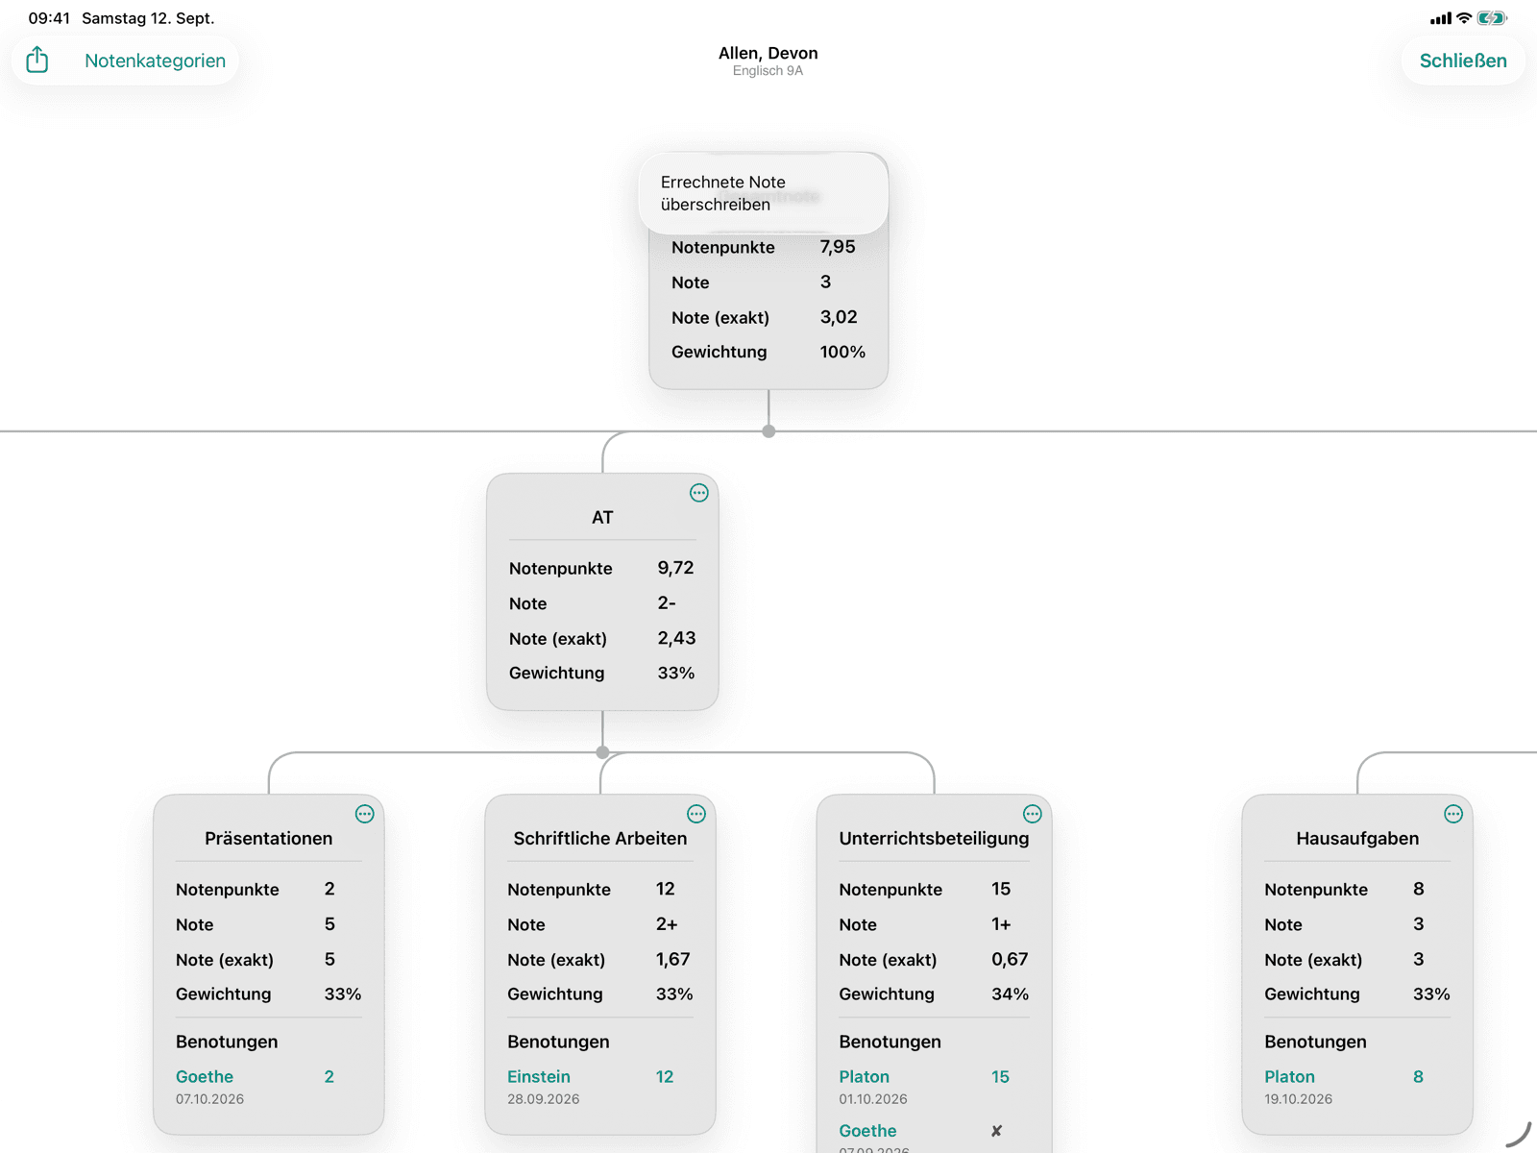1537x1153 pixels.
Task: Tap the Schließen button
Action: tap(1463, 61)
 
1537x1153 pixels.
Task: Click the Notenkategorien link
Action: tap(155, 61)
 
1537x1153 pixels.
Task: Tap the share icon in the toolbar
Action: tap(37, 60)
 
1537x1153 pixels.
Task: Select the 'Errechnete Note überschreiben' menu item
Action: tap(722, 193)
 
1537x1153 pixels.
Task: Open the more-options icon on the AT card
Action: tap(698, 493)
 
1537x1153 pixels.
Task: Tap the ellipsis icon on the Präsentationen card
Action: tap(364, 814)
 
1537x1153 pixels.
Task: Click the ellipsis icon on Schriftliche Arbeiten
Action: tap(696, 814)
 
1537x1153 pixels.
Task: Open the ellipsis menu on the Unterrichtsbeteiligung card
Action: tap(1032, 814)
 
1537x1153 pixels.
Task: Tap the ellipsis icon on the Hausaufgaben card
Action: tap(1453, 814)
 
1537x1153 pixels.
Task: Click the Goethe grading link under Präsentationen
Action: tap(205, 1076)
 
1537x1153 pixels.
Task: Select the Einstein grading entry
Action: tap(539, 1076)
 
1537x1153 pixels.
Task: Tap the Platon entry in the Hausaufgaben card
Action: tap(1289, 1076)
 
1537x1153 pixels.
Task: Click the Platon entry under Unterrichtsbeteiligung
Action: tap(864, 1076)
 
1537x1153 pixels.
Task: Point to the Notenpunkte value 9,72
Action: tap(675, 568)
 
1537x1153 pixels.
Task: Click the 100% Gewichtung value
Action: tap(842, 352)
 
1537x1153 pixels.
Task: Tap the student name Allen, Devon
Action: tap(768, 53)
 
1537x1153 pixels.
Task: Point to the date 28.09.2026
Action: tap(544, 1099)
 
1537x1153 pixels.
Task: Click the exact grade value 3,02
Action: tap(839, 317)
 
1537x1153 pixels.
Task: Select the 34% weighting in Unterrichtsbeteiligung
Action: tap(1010, 994)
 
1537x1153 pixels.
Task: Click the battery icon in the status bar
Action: tap(1492, 18)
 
